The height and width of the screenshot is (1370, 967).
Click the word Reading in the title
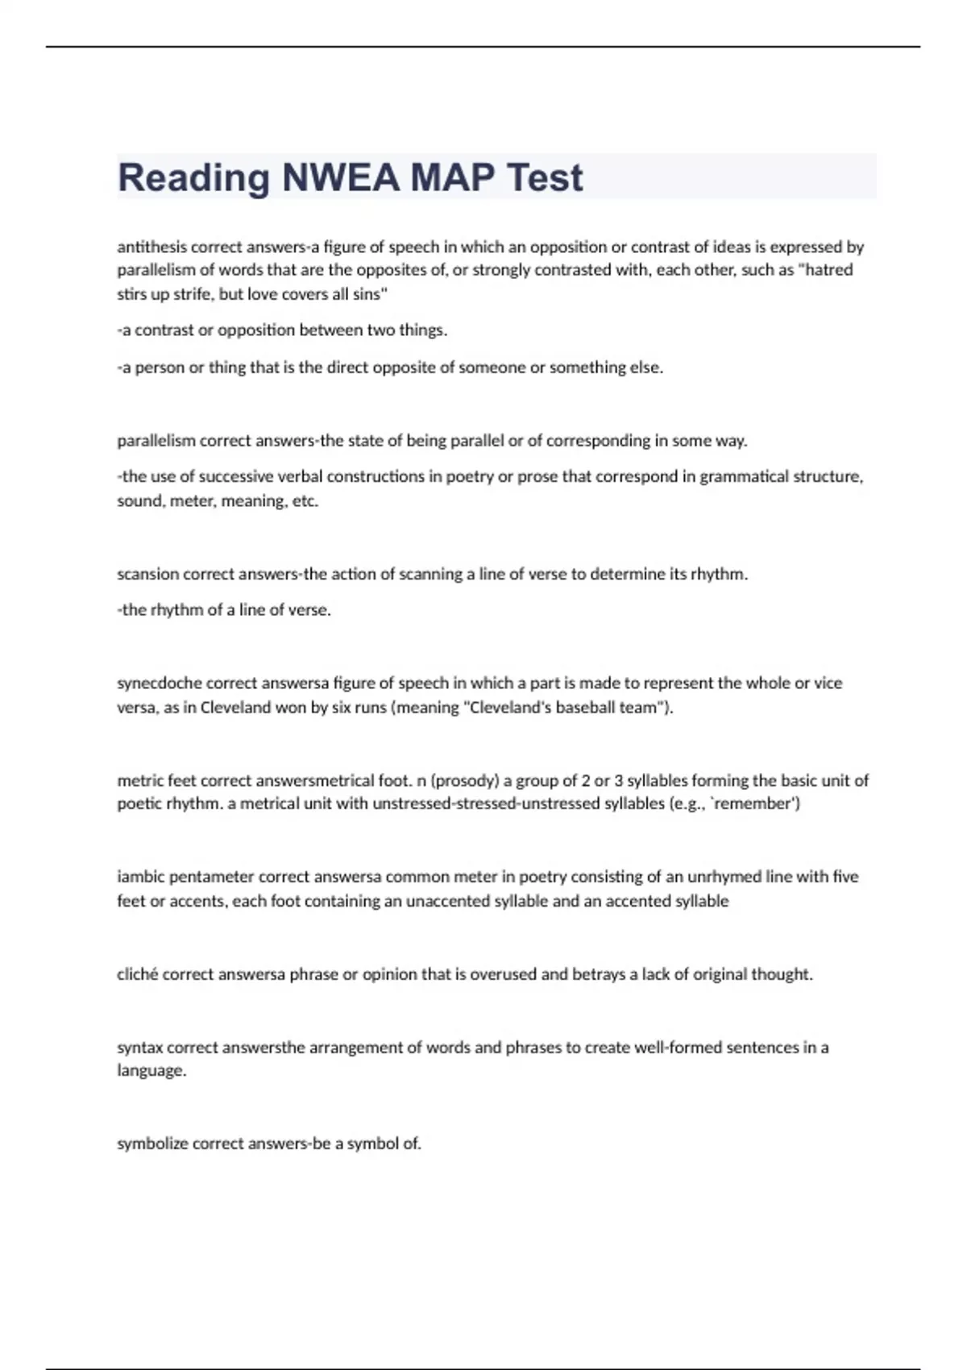coord(193,178)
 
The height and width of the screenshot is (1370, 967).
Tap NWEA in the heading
coord(340,178)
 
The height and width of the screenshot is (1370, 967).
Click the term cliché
coord(137,974)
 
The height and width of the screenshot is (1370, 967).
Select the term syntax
coord(139,1048)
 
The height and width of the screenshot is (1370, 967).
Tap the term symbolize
coord(152,1144)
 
